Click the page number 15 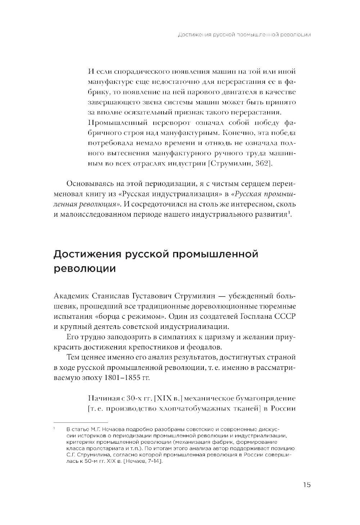click(x=306, y=485)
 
